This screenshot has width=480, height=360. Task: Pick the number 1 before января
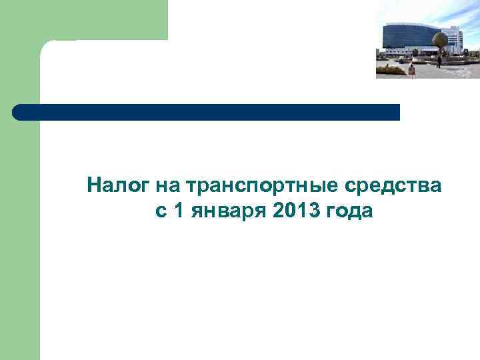click(x=178, y=211)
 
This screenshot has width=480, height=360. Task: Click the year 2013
click(x=297, y=211)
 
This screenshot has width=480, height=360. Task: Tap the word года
click(x=349, y=213)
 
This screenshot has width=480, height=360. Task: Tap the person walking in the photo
click(x=439, y=62)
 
